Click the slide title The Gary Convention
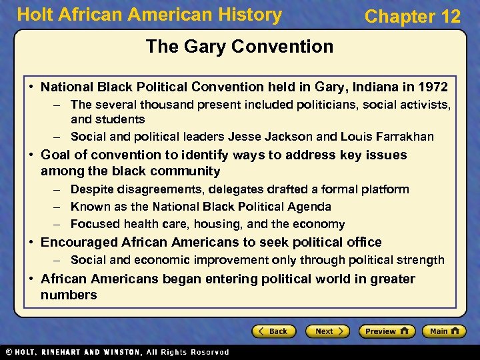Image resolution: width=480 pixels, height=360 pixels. [x=239, y=47]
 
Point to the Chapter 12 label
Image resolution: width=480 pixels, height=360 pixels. [x=412, y=17]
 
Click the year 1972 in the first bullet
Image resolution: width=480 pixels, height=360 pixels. [x=433, y=87]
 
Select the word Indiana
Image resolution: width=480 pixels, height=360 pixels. [x=369, y=87]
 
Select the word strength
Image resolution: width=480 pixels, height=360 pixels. [x=421, y=260]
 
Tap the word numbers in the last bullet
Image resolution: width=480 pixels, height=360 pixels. [x=69, y=295]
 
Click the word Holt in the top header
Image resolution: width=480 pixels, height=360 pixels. [x=33, y=15]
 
